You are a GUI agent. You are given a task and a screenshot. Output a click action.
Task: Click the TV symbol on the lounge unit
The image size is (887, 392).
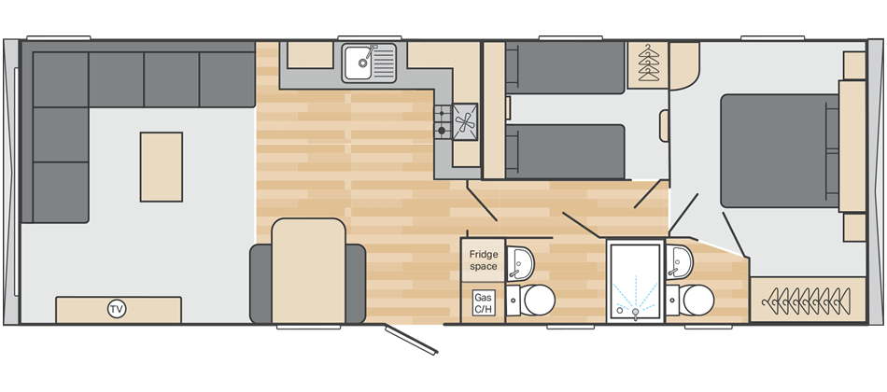pos(117,309)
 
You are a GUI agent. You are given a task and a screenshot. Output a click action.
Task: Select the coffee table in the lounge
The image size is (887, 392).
pos(162,166)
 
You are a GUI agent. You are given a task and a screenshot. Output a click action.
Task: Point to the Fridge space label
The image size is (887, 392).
pos(483,259)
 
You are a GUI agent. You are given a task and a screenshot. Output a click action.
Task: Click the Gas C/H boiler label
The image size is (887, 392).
pos(483,302)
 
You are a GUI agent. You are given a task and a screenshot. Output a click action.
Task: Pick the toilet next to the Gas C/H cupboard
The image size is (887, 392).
pos(536,301)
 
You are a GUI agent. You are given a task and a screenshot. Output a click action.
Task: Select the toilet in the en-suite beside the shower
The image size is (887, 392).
pos(697,301)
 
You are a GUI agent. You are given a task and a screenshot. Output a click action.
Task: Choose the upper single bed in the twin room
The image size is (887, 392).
pos(568,68)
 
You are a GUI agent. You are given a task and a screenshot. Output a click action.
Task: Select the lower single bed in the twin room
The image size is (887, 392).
pos(568,151)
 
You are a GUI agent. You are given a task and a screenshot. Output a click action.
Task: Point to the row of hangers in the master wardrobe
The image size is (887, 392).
pos(802,301)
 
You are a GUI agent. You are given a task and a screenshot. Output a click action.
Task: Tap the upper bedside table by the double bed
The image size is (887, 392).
pos(853,65)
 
